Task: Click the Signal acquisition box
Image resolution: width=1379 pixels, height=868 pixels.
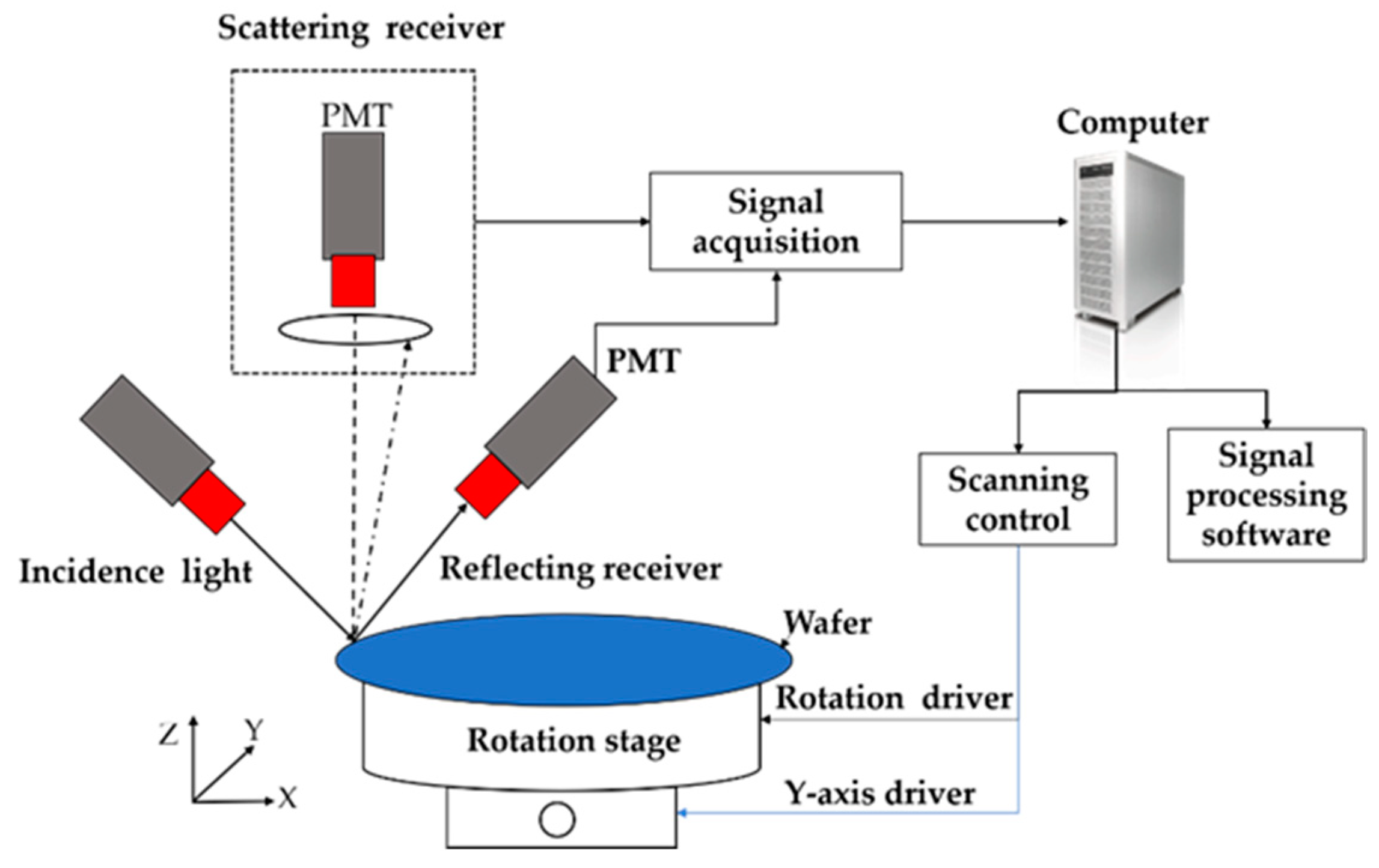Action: tap(775, 221)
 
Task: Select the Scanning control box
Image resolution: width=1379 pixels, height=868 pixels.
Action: tap(1017, 499)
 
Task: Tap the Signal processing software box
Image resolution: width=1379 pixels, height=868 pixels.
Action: tap(1266, 495)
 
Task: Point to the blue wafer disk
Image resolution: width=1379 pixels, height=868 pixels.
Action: tap(563, 659)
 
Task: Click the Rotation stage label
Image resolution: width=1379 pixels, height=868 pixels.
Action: tap(574, 741)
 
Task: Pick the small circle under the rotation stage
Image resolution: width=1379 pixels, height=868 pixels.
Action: tap(557, 820)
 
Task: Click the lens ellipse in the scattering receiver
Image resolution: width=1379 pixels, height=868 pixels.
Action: tap(355, 329)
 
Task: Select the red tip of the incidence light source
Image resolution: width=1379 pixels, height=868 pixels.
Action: tap(213, 502)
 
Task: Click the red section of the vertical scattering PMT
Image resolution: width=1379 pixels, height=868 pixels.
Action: tap(353, 281)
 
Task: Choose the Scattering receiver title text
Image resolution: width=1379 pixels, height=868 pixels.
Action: tap(361, 28)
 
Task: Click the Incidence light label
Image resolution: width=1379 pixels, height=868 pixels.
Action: tap(136, 572)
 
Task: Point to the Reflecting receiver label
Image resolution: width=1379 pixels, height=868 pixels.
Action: tap(581, 569)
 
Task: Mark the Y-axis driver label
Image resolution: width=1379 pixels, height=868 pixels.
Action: tap(880, 793)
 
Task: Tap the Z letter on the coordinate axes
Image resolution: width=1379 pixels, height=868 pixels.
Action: tap(169, 734)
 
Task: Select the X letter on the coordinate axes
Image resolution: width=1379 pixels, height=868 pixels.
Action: tap(287, 799)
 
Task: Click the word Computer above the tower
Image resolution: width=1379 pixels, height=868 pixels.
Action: tap(1133, 123)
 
